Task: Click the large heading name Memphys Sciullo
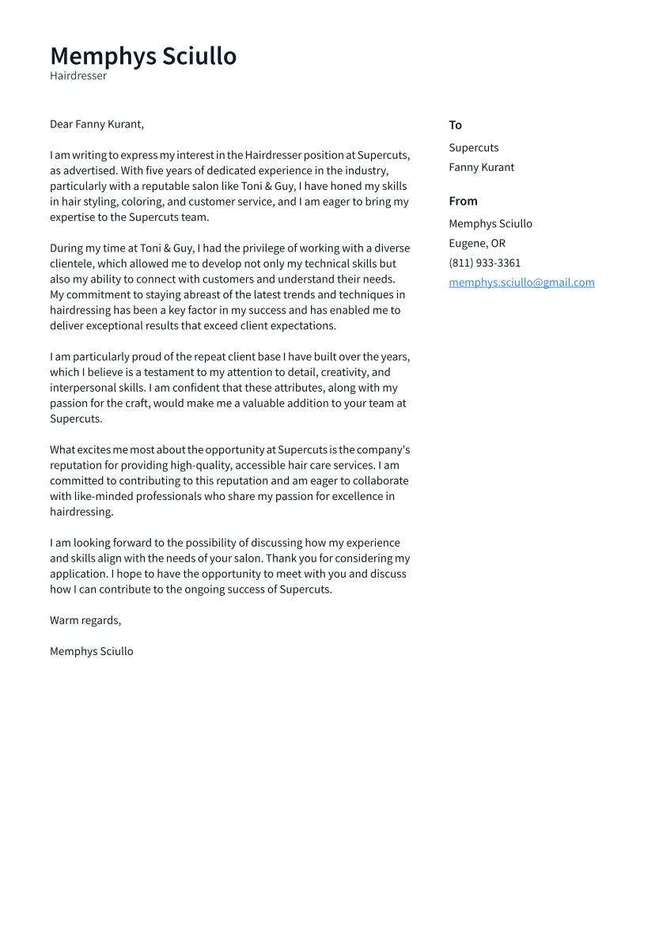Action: pyautogui.click(x=143, y=56)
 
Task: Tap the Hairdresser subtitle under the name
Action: pyautogui.click(x=78, y=76)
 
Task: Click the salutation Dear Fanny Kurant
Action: pyautogui.click(x=97, y=124)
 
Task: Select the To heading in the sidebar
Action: pyautogui.click(x=455, y=125)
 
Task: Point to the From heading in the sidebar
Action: pyautogui.click(x=463, y=201)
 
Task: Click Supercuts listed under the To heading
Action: pyautogui.click(x=473, y=148)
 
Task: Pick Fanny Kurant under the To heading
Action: pyautogui.click(x=481, y=168)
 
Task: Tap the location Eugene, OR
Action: pyautogui.click(x=476, y=244)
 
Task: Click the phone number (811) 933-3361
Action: pyautogui.click(x=484, y=263)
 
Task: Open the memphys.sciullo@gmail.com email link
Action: pyautogui.click(x=521, y=282)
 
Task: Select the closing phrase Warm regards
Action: pyautogui.click(x=85, y=620)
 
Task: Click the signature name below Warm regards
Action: pyautogui.click(x=91, y=652)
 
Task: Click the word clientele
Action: pyautogui.click(x=72, y=264)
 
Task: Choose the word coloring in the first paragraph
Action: pyautogui.click(x=142, y=202)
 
